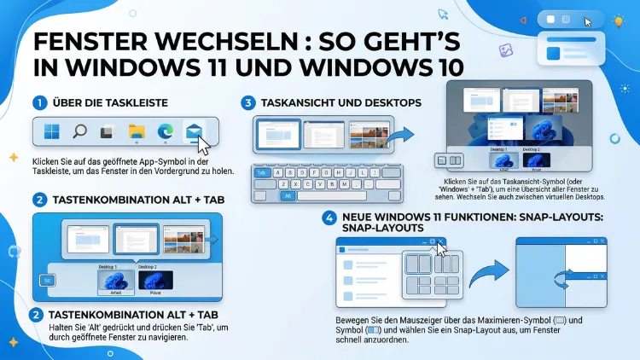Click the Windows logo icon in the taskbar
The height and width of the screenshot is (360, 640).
[x=52, y=132]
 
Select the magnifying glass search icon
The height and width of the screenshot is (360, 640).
[x=79, y=132]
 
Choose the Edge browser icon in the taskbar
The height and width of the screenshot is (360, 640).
[x=165, y=132]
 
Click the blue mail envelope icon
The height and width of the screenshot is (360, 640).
[x=194, y=131]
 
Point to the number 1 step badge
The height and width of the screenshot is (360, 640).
[x=39, y=103]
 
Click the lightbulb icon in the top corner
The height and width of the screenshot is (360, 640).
[x=617, y=21]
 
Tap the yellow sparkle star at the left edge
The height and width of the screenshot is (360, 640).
[x=13, y=158]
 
